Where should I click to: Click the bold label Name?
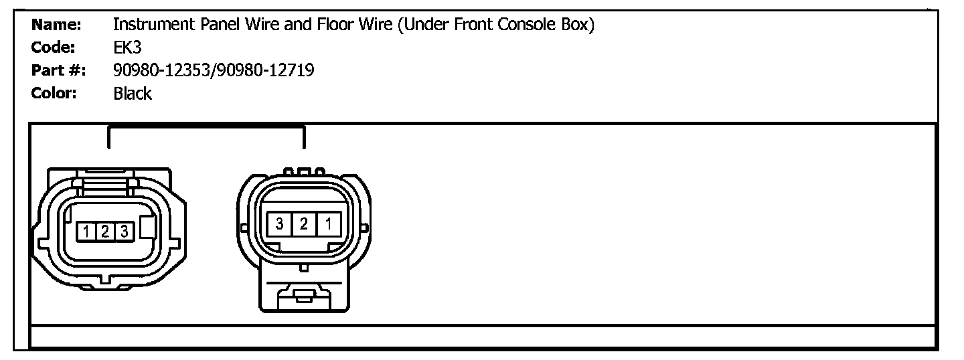pyautogui.click(x=56, y=25)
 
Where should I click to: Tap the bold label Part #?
pyautogui.click(x=58, y=70)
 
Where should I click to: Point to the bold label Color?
pyautogui.click(x=54, y=93)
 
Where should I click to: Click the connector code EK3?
pyautogui.click(x=127, y=48)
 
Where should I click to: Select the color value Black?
pyautogui.click(x=133, y=94)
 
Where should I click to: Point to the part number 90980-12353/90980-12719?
pyautogui.click(x=214, y=70)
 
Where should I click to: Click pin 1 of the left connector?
pyautogui.click(x=88, y=232)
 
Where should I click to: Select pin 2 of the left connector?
pyautogui.click(x=105, y=232)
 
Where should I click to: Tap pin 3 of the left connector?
pyautogui.click(x=123, y=232)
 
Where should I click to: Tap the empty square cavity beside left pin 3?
pyautogui.click(x=147, y=232)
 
